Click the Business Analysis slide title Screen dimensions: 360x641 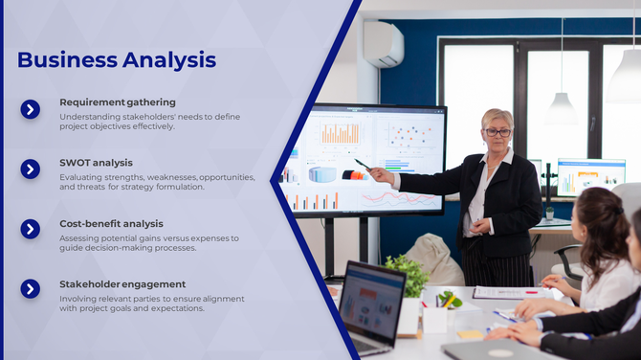coord(116,59)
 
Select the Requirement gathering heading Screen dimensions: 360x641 coord(117,101)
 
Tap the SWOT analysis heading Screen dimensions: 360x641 coord(96,163)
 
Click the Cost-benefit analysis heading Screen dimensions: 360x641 coord(111,223)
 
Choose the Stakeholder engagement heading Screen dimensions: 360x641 coord(122,284)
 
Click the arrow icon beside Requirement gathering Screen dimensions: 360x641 coord(31,109)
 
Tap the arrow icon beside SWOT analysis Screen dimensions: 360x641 coord(31,169)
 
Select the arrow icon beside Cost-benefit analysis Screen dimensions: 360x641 coord(31,230)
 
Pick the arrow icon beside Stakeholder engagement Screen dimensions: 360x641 coord(31,289)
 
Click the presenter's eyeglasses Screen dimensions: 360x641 coord(497,132)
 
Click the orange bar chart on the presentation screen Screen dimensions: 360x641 coord(340,134)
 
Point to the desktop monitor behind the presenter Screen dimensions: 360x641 coord(589,176)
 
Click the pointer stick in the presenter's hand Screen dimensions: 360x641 coord(363,165)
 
